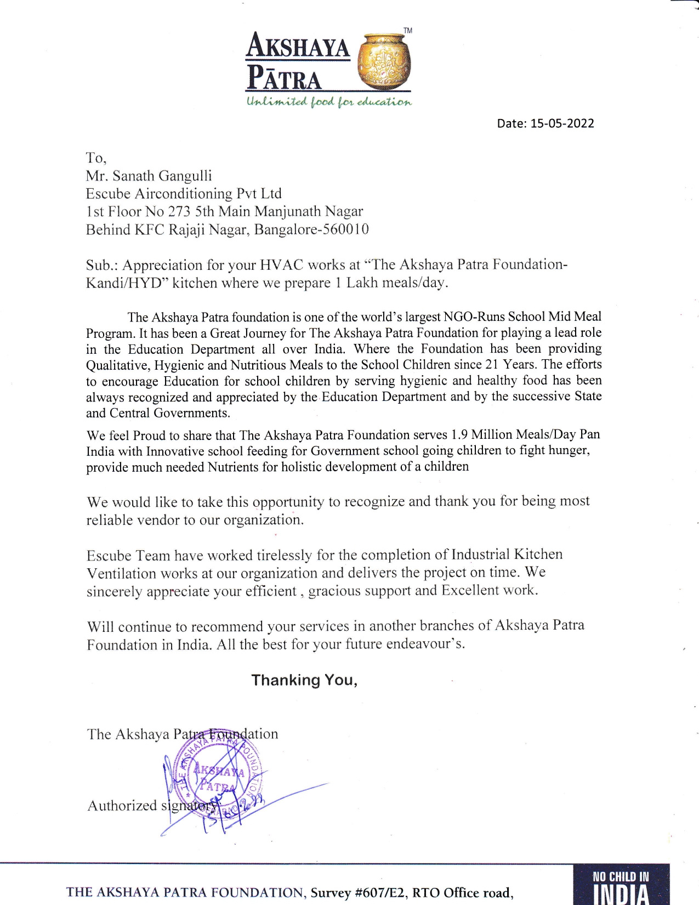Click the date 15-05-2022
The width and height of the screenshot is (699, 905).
click(562, 123)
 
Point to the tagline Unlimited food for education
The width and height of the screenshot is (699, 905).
click(328, 102)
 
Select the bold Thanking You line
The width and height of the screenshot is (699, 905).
click(304, 680)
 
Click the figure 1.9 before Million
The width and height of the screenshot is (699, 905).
click(459, 435)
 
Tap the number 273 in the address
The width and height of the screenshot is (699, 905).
click(179, 212)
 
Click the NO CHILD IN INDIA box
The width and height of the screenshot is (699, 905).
click(621, 884)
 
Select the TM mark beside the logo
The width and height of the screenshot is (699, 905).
click(407, 31)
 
